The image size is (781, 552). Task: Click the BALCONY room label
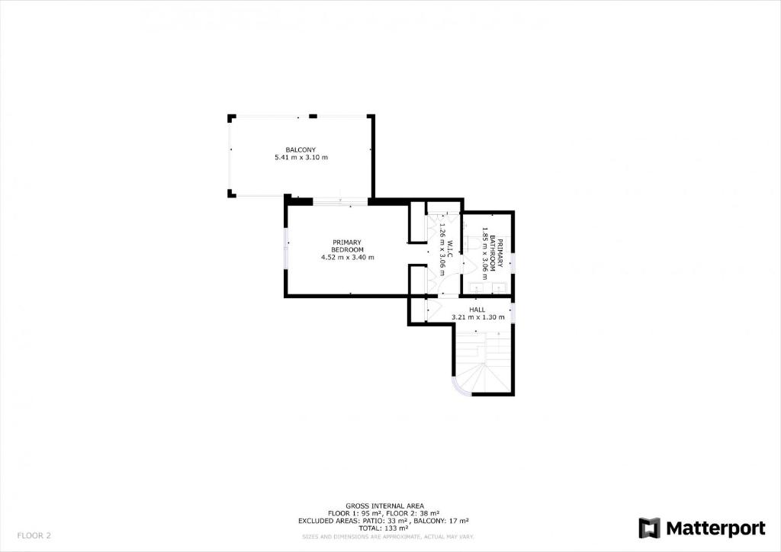[301, 149]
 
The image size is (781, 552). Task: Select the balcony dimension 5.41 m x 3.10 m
[301, 157]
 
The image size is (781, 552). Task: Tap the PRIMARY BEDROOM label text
[347, 246]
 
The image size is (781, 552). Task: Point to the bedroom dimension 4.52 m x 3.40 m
[347, 258]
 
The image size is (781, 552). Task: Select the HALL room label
[477, 310]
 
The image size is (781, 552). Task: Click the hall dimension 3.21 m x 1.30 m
[477, 317]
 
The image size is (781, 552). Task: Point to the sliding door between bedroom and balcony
[340, 201]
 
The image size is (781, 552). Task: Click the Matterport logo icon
[649, 528]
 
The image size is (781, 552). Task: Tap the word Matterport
[715, 528]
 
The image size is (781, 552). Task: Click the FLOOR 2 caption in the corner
[34, 536]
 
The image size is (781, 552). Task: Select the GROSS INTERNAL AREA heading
[384, 506]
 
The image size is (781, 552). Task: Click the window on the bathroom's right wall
[513, 263]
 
